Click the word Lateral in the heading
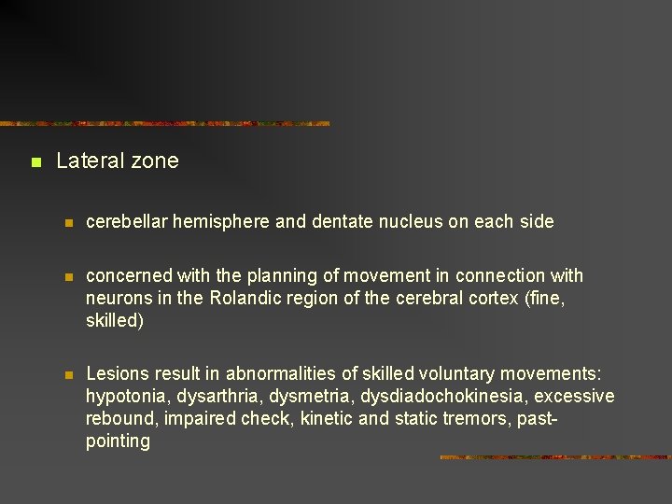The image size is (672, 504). pos(90,161)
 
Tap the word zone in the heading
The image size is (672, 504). pos(154,161)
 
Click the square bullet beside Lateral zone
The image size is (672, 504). pos(35,162)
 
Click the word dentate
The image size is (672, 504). pos(340,222)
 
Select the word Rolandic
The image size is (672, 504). pos(244,299)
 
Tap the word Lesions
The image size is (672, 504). pos(117,374)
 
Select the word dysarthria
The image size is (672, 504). pos(211,397)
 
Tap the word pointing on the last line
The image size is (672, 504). pos(118,441)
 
